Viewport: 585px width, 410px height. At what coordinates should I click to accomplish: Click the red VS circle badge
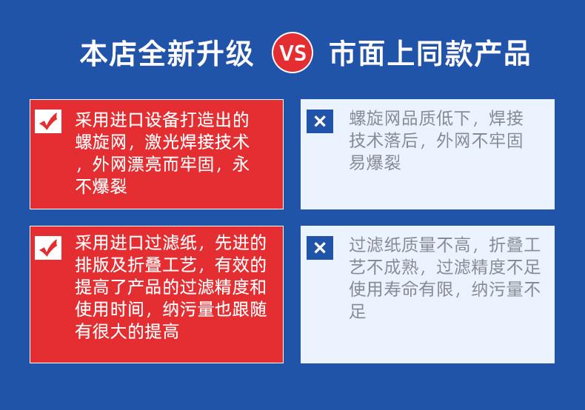tap(292, 53)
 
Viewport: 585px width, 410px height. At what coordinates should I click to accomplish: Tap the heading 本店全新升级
tap(167, 53)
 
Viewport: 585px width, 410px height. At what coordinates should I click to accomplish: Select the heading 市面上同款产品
tap(429, 53)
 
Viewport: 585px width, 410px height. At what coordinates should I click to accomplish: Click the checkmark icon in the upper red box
tap(48, 121)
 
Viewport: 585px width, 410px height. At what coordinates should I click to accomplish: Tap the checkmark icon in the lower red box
tap(48, 248)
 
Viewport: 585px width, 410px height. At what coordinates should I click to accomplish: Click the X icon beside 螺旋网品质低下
tap(320, 121)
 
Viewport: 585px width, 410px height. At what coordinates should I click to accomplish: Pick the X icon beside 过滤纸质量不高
tap(320, 248)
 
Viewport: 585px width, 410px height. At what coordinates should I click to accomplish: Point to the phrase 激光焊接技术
tap(197, 142)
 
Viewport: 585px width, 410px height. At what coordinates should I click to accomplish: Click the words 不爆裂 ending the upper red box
tap(101, 186)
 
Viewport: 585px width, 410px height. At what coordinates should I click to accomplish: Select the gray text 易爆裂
tap(375, 163)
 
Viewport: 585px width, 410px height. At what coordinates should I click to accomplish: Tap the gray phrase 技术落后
tap(384, 141)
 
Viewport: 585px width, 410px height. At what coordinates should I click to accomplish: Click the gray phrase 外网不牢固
tap(479, 141)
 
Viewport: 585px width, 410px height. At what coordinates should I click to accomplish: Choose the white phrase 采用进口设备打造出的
tap(162, 120)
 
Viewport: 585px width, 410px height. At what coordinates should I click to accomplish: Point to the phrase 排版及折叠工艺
tap(136, 265)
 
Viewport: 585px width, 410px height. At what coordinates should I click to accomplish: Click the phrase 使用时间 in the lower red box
tap(110, 309)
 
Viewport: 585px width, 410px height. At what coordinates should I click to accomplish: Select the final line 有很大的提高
tap(127, 331)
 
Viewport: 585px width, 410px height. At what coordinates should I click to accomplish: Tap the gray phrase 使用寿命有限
tap(401, 289)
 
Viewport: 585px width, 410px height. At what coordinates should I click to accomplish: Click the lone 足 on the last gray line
tap(358, 311)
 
